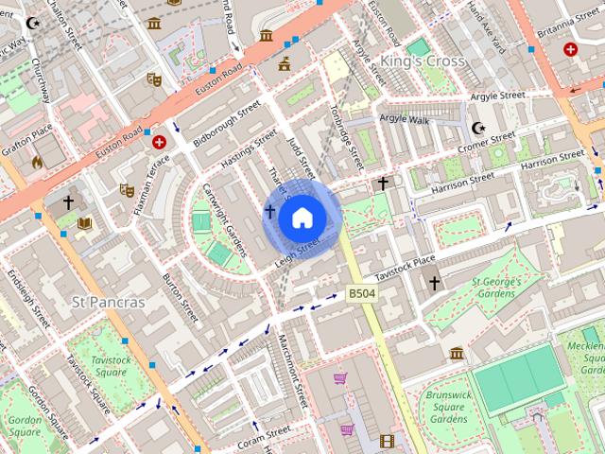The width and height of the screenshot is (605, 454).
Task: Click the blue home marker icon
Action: point(302,218)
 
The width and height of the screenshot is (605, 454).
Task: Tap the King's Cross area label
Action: point(422,61)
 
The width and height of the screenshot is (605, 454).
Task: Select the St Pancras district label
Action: point(109,303)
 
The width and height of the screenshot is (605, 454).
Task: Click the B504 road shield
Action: point(362,294)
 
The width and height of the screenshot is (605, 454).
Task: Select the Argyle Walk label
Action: point(404,118)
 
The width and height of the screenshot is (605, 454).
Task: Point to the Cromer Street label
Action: point(486,142)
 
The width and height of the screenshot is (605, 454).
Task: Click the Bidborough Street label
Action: point(226,124)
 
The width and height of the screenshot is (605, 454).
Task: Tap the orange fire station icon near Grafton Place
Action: point(37,162)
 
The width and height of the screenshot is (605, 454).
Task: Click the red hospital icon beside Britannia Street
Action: point(570,48)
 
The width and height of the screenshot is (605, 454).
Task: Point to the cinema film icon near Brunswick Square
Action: point(386,441)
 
